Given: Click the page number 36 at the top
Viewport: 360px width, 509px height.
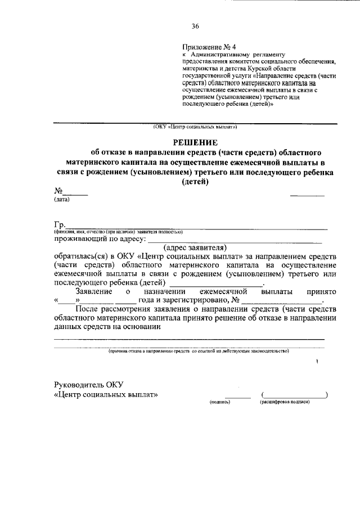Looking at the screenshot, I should click(195, 26).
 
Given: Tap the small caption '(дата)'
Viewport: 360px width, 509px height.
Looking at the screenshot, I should click(62, 200).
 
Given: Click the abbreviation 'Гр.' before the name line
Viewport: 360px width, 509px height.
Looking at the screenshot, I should click(60, 225).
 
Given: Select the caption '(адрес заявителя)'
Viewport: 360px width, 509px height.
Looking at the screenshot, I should click(194, 247).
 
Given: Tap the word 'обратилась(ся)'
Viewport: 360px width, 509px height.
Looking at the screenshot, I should click(80, 256).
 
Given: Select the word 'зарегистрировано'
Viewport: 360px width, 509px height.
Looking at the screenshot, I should click(190, 300).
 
